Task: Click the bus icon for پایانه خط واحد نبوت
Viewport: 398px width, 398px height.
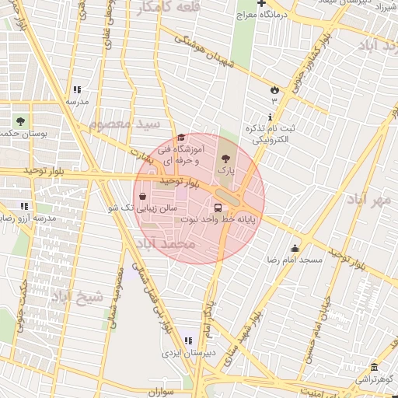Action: coord(218,208)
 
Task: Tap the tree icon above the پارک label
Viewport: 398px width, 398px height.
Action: coord(225,158)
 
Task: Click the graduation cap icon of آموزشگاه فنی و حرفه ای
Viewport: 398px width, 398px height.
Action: coord(181,138)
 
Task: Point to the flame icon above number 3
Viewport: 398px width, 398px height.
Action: coord(274,88)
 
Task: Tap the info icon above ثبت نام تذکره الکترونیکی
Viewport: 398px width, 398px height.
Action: coord(271,117)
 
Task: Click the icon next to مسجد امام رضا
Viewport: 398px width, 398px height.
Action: coord(295,248)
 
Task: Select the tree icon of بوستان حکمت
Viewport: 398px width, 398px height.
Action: coord(19,122)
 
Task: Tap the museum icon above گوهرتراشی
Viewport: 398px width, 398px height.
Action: coord(375,368)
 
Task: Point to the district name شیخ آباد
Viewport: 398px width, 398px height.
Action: coord(79,296)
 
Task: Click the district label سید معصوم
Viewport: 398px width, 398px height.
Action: coord(124,124)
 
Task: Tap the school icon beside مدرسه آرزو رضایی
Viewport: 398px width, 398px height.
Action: coord(24,206)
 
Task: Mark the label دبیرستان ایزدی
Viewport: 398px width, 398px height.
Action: coord(180,353)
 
